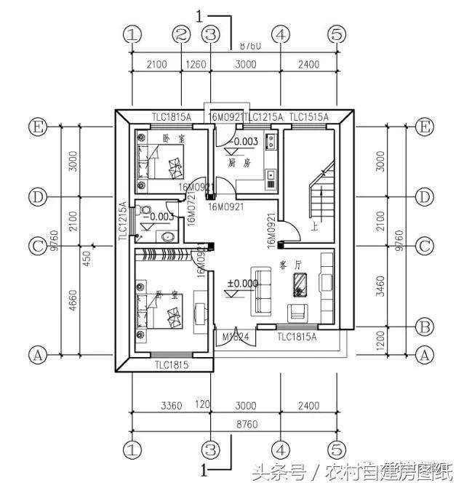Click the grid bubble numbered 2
pos(181,34)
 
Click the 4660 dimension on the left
pos(65,300)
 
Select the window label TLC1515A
pos(308,117)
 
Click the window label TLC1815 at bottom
pos(172,365)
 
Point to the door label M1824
pos(233,336)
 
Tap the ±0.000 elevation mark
pos(242,283)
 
